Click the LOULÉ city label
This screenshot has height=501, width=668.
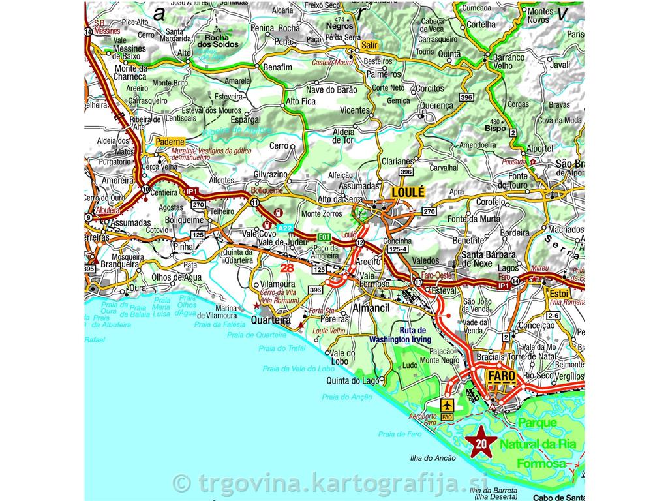(408, 192)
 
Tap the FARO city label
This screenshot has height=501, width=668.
(500, 377)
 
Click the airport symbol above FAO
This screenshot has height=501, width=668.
(447, 404)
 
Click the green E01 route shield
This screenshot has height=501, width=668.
(325, 236)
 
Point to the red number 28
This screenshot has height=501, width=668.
(287, 267)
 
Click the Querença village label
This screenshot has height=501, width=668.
(436, 106)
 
